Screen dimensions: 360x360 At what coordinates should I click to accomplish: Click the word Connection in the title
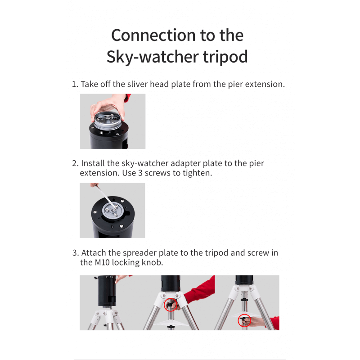pyautogui.click(x=153, y=36)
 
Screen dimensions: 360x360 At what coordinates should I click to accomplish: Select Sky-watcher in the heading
pyautogui.click(x=153, y=57)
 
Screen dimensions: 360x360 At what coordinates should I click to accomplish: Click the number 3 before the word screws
pyautogui.click(x=140, y=173)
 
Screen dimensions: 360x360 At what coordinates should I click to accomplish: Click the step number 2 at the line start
pyautogui.click(x=75, y=163)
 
